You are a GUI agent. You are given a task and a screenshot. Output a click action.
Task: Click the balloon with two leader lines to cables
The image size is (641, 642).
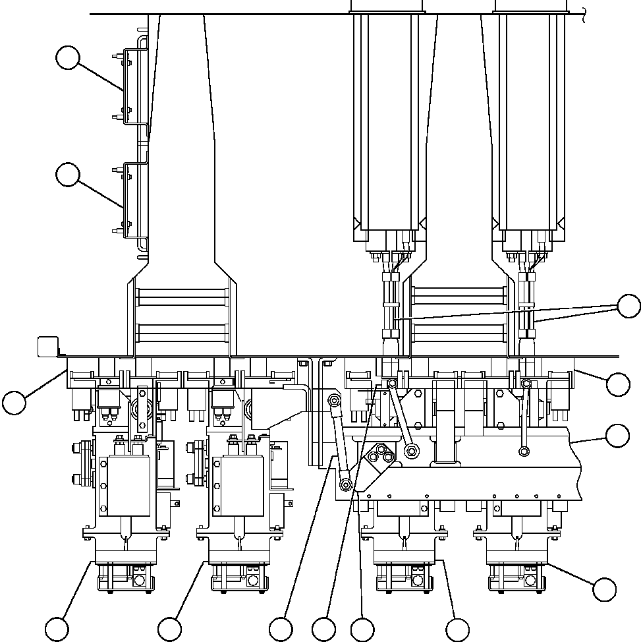coord(628,306)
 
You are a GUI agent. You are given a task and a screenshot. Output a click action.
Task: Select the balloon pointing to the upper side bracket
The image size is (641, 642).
coord(68,58)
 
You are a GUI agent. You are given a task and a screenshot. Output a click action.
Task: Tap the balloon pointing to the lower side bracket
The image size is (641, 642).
coord(68,175)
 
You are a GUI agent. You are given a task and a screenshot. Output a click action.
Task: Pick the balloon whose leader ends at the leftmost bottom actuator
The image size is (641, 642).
coord(57,627)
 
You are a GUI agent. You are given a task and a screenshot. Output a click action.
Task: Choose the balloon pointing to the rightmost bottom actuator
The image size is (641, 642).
coord(604,589)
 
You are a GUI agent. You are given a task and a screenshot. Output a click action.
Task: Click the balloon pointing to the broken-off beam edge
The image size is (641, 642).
coord(617,436)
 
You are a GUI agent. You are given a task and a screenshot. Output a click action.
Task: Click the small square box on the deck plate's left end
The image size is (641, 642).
coord(47,345)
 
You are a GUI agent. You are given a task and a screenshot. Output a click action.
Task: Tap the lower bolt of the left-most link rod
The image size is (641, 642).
coord(345,484)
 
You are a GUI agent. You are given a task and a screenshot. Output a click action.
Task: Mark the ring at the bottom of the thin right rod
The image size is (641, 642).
coord(524,452)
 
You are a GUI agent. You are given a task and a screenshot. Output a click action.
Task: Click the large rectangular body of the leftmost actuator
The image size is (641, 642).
coord(125,486)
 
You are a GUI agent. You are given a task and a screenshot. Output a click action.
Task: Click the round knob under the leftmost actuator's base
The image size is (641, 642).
coord(140,581)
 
